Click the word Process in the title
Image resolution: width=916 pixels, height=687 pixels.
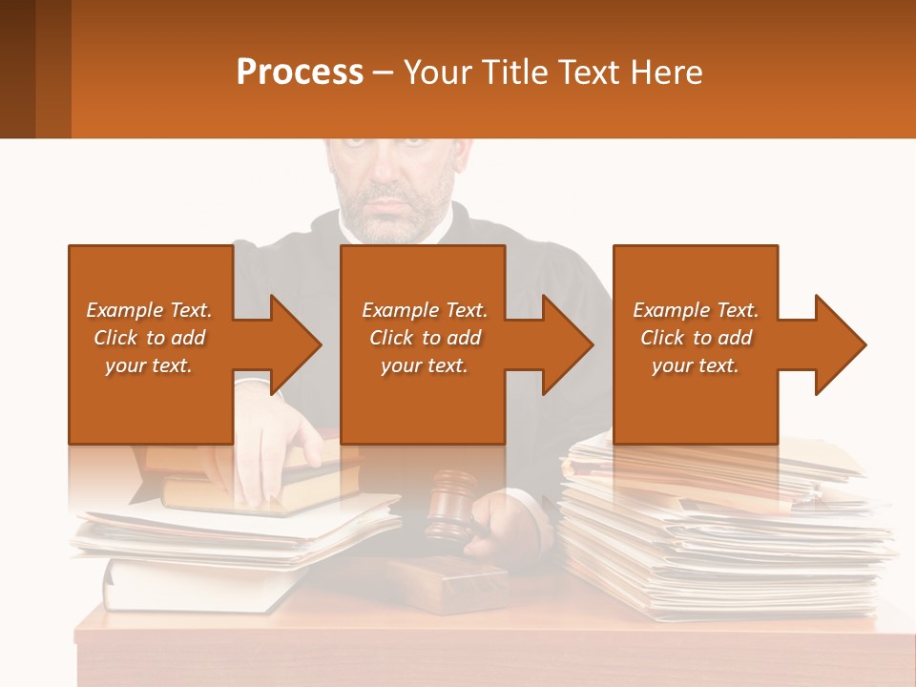coord(300,72)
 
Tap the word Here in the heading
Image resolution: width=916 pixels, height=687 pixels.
coord(666,72)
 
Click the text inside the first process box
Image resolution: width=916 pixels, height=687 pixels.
coord(149,338)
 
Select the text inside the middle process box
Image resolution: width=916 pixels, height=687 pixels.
coord(424,338)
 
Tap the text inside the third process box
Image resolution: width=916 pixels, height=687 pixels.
coord(695,338)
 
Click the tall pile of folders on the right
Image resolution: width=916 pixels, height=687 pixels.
coord(725,534)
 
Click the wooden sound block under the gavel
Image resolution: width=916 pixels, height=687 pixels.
coord(448,581)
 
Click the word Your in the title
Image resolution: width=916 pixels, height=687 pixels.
coord(435,72)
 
